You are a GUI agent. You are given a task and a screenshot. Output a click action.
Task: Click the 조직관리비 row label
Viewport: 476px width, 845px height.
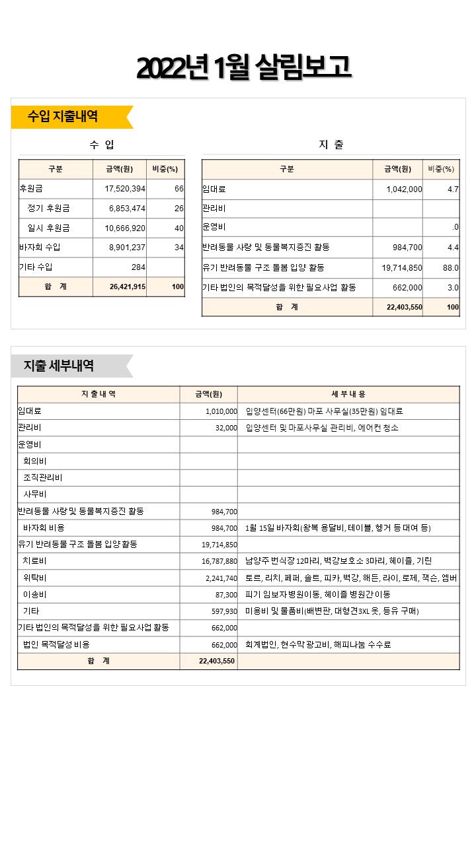(x=43, y=478)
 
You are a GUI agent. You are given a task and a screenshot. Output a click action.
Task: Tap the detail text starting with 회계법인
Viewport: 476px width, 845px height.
(x=317, y=645)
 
